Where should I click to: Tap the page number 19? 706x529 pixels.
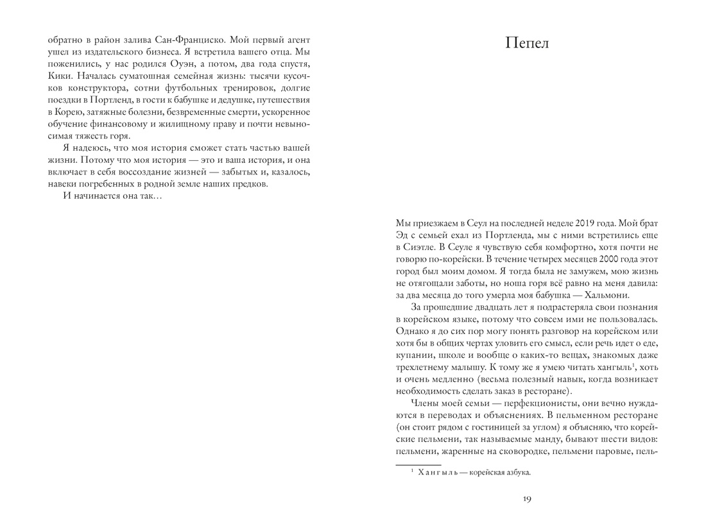pyautogui.click(x=527, y=500)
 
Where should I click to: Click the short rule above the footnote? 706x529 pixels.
pyautogui.click(x=418, y=464)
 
